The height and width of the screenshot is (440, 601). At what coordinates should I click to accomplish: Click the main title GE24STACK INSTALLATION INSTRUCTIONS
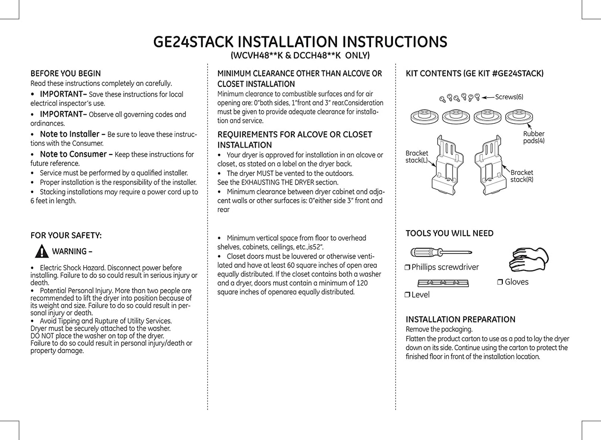(300, 42)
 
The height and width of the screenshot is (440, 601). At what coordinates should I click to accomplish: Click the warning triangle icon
(42, 251)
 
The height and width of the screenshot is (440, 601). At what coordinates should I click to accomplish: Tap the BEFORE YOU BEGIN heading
(66, 74)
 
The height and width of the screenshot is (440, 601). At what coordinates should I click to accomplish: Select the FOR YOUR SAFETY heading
(66, 236)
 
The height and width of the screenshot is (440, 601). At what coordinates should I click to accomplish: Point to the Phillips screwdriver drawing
(441, 252)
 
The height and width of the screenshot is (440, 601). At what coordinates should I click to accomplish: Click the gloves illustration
(529, 259)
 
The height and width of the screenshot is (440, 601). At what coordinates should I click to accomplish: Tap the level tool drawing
(443, 283)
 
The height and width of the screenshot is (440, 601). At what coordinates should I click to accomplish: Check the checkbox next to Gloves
(500, 282)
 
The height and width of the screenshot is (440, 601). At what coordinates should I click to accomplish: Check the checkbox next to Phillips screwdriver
(407, 268)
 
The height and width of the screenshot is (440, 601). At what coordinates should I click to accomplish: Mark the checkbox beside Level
(407, 295)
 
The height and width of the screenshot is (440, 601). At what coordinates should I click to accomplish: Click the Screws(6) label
(509, 97)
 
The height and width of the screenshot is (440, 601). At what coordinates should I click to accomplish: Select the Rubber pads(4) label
(534, 137)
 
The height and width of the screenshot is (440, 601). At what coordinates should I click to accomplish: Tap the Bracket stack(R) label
(522, 176)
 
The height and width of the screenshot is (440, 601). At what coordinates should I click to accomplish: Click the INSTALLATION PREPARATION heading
(460, 320)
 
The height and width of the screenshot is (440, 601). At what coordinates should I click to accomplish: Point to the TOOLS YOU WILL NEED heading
(450, 234)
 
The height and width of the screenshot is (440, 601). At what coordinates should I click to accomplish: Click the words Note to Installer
(69, 134)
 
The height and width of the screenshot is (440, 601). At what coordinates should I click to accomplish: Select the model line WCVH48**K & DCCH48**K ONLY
(300, 56)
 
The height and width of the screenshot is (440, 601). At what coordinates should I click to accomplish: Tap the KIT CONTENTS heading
(475, 74)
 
